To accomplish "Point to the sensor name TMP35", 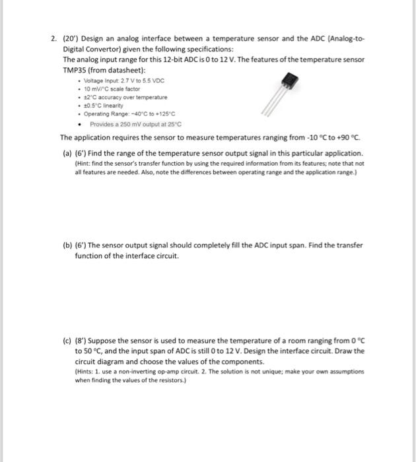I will tap(74, 70).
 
